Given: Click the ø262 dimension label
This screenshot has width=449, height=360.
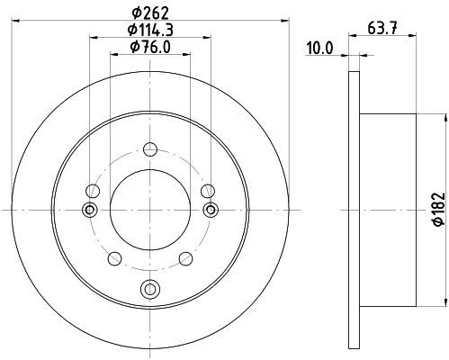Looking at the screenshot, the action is click(150, 13).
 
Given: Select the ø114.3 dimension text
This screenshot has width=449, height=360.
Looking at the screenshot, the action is click(150, 30).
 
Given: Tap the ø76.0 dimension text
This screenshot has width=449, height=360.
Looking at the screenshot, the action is click(150, 47).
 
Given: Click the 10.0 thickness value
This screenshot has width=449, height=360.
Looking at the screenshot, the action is click(319, 49).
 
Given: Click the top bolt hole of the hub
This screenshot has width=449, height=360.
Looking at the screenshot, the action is click(150, 149).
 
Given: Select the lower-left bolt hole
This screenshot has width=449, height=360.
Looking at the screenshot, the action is click(114, 258).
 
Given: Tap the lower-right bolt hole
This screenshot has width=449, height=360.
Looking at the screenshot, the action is click(185, 258).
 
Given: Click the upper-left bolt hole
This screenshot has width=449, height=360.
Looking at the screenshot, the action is click(93, 191).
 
